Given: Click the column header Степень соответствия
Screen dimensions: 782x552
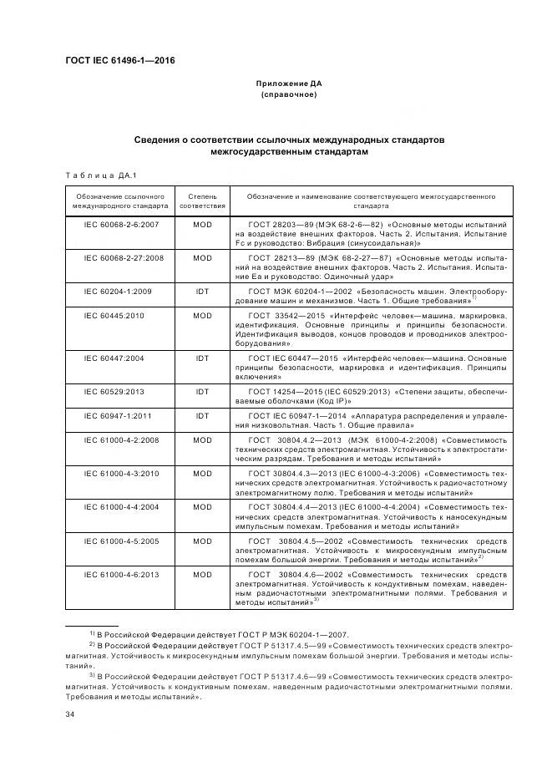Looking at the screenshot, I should [203, 200].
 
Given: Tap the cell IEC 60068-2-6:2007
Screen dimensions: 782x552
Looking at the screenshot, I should [122, 225].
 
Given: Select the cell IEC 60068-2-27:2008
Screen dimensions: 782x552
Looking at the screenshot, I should [122, 257].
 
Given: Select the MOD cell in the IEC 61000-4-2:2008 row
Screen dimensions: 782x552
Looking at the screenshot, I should [203, 439].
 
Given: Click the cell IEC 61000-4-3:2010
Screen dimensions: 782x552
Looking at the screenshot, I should [122, 473].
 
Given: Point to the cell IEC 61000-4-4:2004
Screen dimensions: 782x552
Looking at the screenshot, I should [122, 506].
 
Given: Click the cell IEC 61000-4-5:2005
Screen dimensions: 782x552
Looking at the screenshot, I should [122, 540].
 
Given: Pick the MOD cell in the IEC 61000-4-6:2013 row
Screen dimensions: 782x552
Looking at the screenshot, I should [203, 575].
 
